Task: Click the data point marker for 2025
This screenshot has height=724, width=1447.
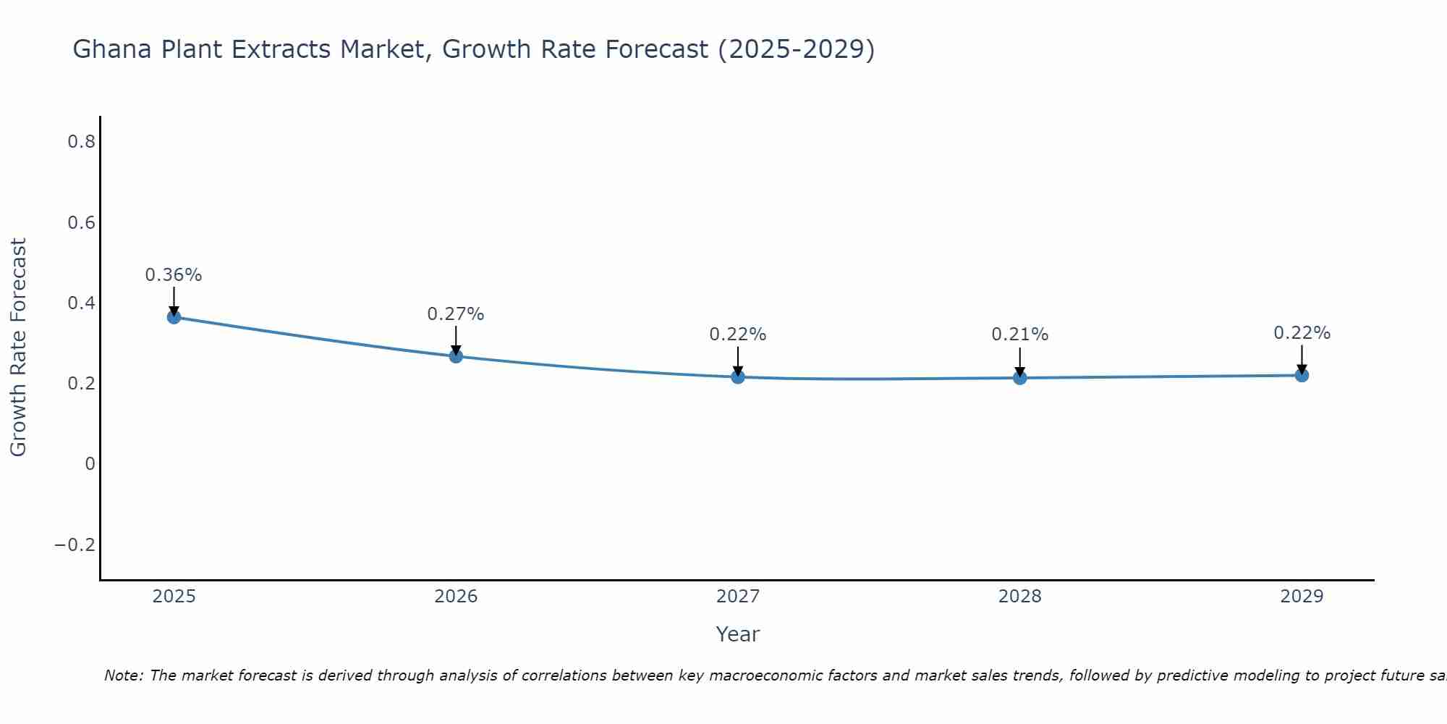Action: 174,316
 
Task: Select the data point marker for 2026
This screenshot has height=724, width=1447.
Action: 456,356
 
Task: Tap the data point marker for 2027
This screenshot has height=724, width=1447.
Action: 738,376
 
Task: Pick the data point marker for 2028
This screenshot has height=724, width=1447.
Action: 1020,377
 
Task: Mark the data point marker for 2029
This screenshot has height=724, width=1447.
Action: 1302,375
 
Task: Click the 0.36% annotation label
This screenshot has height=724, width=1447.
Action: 174,275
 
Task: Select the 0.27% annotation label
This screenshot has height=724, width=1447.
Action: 456,314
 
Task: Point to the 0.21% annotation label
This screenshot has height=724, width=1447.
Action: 1020,334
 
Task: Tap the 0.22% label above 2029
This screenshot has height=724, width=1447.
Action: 1302,333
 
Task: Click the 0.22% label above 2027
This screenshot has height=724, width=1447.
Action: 738,334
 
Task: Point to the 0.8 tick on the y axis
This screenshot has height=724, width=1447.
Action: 81,142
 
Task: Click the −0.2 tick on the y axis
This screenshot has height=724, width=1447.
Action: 75,544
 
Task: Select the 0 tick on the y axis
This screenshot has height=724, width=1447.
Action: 90,464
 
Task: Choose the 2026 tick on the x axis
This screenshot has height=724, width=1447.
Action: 456,597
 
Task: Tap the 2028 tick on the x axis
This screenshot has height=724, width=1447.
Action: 1020,597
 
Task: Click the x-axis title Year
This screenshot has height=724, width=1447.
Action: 737,634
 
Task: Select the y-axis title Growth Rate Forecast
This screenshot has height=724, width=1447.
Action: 18,348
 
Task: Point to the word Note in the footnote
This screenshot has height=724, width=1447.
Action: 123,675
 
